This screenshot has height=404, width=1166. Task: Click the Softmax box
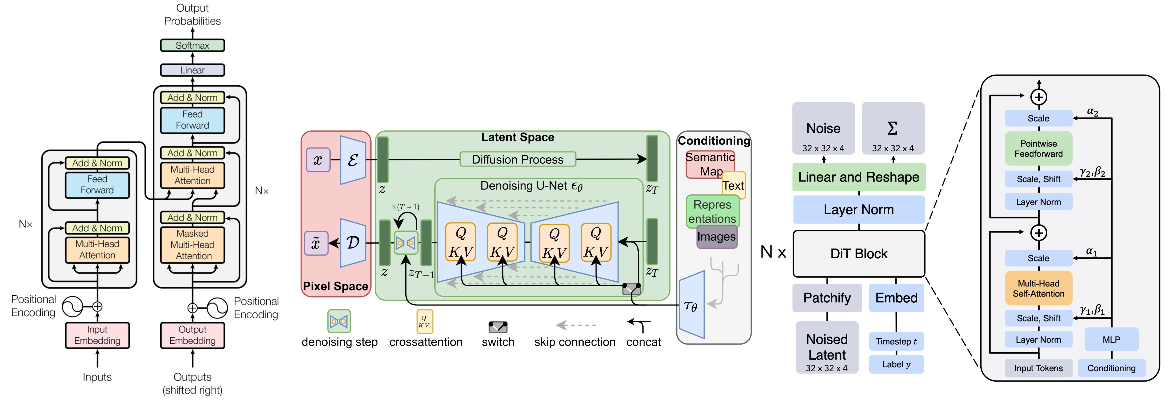point(192,45)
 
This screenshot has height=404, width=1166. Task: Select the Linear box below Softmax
point(192,70)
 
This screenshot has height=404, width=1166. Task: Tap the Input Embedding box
point(97,335)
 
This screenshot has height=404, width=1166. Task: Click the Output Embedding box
point(192,335)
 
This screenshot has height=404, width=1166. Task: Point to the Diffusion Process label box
point(517,159)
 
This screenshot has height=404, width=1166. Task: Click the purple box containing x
point(318,160)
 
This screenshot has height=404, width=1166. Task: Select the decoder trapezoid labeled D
point(353,243)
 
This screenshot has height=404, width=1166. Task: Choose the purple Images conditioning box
point(717,237)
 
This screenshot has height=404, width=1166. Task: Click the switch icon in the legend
point(498,326)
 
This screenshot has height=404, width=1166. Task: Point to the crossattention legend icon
point(425,322)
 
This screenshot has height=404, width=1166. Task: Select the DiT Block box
point(859,254)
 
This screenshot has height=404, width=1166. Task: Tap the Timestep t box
point(896,342)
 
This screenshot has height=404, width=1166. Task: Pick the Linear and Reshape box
point(859,177)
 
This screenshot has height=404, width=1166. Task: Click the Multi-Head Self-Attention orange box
point(1038,289)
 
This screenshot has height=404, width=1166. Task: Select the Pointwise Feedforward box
point(1038,148)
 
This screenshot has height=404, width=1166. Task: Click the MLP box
point(1111,340)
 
